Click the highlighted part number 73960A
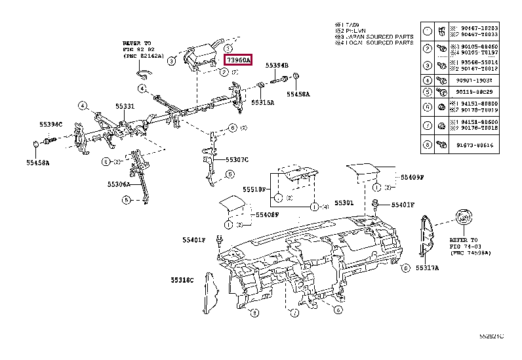click(238, 59)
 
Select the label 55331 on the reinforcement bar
click(125, 106)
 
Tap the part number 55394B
click(277, 66)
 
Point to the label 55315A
click(262, 102)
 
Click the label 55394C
click(50, 125)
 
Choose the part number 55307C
click(237, 159)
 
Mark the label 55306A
click(119, 185)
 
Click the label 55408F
click(267, 214)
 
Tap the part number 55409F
click(412, 177)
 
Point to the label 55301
click(344, 203)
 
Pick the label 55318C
click(183, 280)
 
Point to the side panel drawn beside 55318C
click(209, 289)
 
